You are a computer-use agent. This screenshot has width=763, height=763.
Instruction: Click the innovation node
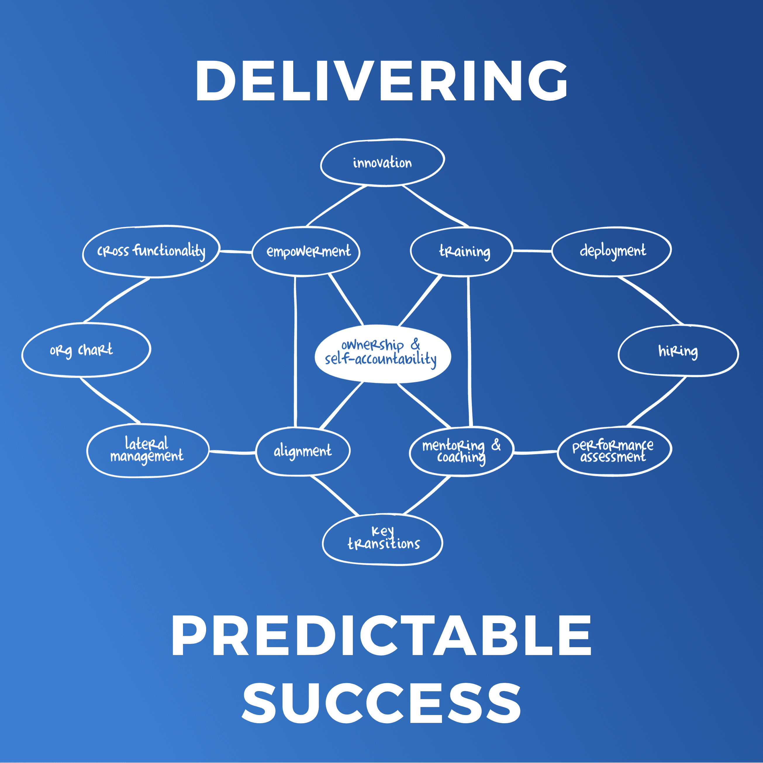(382, 162)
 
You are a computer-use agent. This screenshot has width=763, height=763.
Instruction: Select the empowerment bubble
(306, 251)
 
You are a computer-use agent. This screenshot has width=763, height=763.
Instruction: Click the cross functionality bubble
(151, 251)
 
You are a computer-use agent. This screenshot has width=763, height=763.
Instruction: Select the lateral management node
(148, 451)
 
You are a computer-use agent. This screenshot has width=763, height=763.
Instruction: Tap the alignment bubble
(303, 451)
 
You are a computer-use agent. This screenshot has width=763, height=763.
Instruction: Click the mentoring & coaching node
(461, 451)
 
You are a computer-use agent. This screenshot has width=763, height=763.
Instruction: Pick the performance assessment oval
(614, 451)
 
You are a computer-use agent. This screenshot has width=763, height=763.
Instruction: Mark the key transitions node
(382, 540)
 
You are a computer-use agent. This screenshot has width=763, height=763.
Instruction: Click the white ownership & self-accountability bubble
(382, 354)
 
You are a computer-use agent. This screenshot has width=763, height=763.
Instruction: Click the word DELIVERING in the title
(381, 81)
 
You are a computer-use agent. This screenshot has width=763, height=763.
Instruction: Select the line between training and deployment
(532, 250)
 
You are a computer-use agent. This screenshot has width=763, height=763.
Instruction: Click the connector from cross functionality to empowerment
(236, 251)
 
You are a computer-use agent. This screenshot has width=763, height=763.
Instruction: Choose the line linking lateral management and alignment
(232, 452)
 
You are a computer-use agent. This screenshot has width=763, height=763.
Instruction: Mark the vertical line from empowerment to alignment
(295, 352)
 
